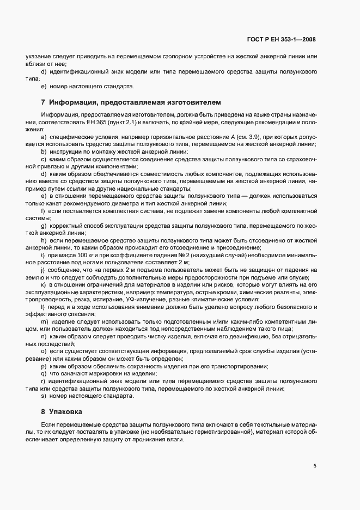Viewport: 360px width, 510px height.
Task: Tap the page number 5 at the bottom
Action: click(314, 465)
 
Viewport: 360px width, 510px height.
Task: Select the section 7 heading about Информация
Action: click(117, 102)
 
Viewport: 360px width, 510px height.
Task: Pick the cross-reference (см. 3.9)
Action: click(242, 137)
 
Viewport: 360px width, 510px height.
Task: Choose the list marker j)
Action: click(42, 269)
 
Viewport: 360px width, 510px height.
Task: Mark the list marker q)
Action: click(43, 374)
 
